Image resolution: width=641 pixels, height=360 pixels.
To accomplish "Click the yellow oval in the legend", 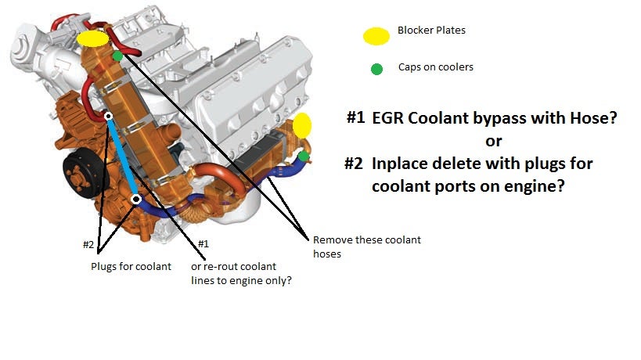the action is coord(376,36).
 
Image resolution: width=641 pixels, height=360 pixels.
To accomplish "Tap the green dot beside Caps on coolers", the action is coord(376,69).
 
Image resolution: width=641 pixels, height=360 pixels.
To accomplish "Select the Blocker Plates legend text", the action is coord(431,31).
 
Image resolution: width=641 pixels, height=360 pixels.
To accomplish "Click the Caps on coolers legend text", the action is coord(435,67).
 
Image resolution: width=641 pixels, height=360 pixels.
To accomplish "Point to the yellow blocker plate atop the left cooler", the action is coord(92,38).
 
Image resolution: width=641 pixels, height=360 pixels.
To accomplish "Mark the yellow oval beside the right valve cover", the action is coord(302,125).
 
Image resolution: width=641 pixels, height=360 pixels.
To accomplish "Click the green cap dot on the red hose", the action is coord(117,56).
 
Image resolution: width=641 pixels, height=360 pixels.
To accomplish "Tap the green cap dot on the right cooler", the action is coord(304,156).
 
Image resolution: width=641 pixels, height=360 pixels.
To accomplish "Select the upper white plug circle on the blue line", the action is coord(108,116).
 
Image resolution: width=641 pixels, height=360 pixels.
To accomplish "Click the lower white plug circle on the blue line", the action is coord(136,200).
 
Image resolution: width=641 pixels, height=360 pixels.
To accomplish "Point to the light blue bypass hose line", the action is coord(122,158).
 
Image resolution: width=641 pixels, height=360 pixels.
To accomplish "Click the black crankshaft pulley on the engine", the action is coord(81,172).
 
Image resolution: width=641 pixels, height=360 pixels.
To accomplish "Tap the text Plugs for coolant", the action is coord(131,267).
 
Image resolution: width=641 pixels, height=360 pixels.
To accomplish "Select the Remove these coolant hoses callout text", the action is coord(367,247).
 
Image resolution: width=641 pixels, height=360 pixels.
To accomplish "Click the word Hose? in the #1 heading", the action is coord(594,118).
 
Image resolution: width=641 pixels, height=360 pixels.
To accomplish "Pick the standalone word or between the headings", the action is coord(493,142).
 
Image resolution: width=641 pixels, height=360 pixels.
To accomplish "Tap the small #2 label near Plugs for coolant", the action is coord(88,245).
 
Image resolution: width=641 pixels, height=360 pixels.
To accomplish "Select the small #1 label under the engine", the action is coord(203,244).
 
